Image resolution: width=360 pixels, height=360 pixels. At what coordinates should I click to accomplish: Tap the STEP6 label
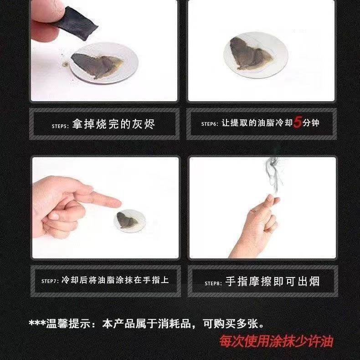tap(210, 124)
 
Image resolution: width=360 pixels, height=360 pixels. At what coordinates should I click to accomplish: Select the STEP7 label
tap(49, 281)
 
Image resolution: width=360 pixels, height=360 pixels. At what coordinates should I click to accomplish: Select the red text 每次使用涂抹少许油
tap(276, 341)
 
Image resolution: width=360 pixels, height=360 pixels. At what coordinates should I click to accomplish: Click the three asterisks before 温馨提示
tap(36, 324)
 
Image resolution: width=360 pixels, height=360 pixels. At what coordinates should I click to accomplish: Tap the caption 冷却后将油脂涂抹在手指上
tap(115, 280)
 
